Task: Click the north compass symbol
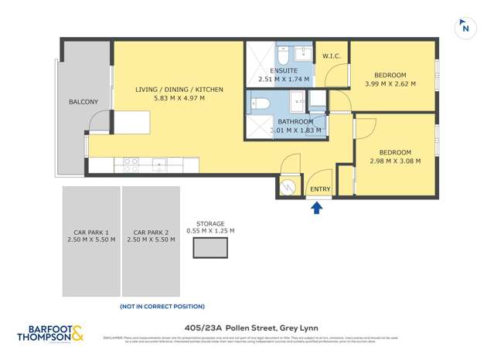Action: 465,28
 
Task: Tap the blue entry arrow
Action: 315,205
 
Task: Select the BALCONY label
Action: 83,101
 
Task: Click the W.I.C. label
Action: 332,56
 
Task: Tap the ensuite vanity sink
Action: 301,55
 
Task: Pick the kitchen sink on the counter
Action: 159,165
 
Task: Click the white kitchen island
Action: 131,122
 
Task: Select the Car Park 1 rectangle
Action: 91,241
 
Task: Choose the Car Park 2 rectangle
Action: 151,241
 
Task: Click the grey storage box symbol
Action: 210,248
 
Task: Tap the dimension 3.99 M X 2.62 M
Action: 390,83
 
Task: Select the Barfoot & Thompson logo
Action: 52,334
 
